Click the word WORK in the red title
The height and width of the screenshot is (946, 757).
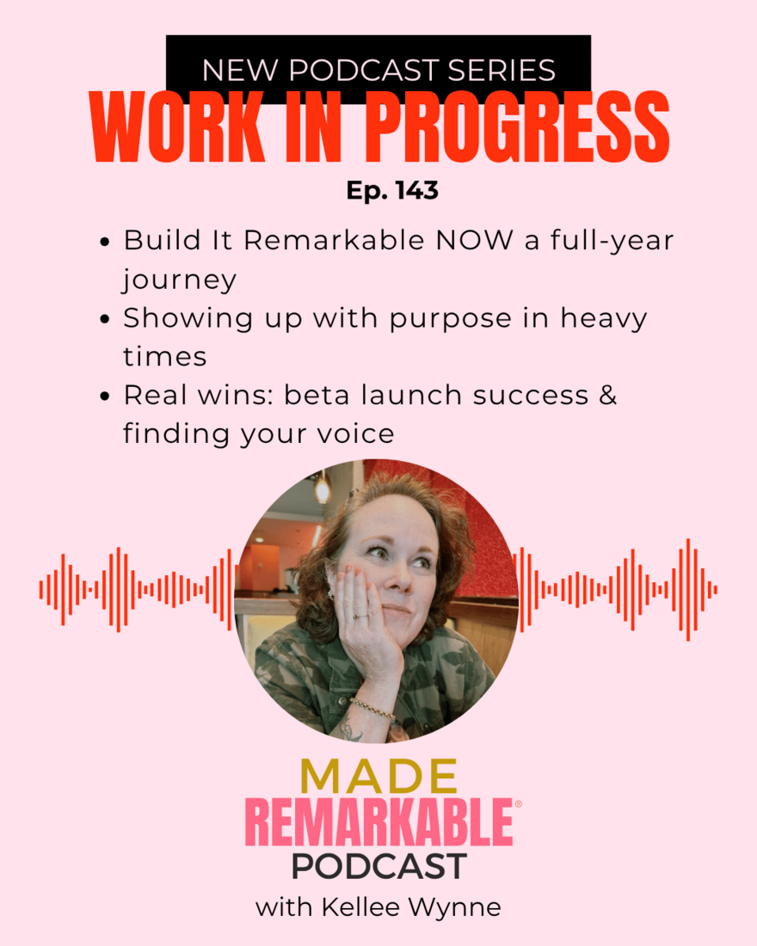click(177, 127)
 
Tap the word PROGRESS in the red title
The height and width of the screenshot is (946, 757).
click(518, 127)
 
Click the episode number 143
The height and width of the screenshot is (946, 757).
click(416, 191)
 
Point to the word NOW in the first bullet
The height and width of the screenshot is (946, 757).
click(475, 241)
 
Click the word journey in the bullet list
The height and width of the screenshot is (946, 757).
click(179, 280)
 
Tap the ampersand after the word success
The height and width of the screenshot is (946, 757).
click(608, 396)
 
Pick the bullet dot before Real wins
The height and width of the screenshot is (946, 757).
click(105, 396)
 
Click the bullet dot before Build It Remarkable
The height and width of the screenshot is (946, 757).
click(105, 242)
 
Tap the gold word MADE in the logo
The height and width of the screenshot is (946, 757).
click(379, 777)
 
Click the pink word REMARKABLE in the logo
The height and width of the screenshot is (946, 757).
click(379, 821)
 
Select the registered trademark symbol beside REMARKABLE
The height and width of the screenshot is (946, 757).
click(518, 803)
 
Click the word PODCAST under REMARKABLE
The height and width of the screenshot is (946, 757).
click(379, 867)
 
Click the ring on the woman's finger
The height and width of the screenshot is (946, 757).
click(357, 617)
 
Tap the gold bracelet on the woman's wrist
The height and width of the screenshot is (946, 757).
click(374, 709)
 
